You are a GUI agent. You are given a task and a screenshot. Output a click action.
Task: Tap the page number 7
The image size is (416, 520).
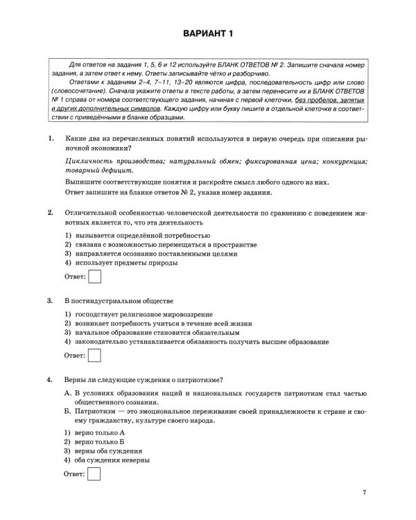[x=363, y=493]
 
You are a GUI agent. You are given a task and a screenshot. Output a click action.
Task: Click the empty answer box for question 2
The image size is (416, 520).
[x=96, y=277]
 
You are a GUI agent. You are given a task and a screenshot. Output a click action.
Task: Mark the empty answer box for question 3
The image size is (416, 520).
[x=96, y=355]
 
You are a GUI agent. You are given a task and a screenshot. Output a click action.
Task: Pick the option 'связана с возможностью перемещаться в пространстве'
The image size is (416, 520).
[x=159, y=244]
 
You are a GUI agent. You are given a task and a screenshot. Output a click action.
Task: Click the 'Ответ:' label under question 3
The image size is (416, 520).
[x=75, y=356]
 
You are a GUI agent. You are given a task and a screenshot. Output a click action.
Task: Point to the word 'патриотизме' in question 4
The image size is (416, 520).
[x=200, y=379]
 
